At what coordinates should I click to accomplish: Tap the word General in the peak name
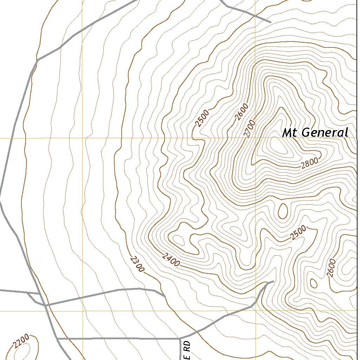[x=325, y=133]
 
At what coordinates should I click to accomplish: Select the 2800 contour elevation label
[x=309, y=163]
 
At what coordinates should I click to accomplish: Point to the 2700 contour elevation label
[x=249, y=129]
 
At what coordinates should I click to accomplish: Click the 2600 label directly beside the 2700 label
[x=242, y=112]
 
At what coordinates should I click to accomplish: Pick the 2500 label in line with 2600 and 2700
[x=202, y=118]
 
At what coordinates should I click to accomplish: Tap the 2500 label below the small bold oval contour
[x=298, y=233]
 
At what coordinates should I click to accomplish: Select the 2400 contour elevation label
[x=171, y=260]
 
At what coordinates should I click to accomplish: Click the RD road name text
[x=187, y=350]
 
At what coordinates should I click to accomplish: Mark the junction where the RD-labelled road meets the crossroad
[x=180, y=339]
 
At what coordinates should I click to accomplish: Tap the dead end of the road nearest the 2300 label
[x=165, y=296]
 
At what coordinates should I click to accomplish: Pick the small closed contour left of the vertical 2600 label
[x=313, y=283]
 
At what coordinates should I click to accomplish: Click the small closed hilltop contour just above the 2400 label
[x=179, y=241]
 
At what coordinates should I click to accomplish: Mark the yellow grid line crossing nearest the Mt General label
[x=255, y=138]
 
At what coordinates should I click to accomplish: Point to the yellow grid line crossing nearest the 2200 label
[x=83, y=311]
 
